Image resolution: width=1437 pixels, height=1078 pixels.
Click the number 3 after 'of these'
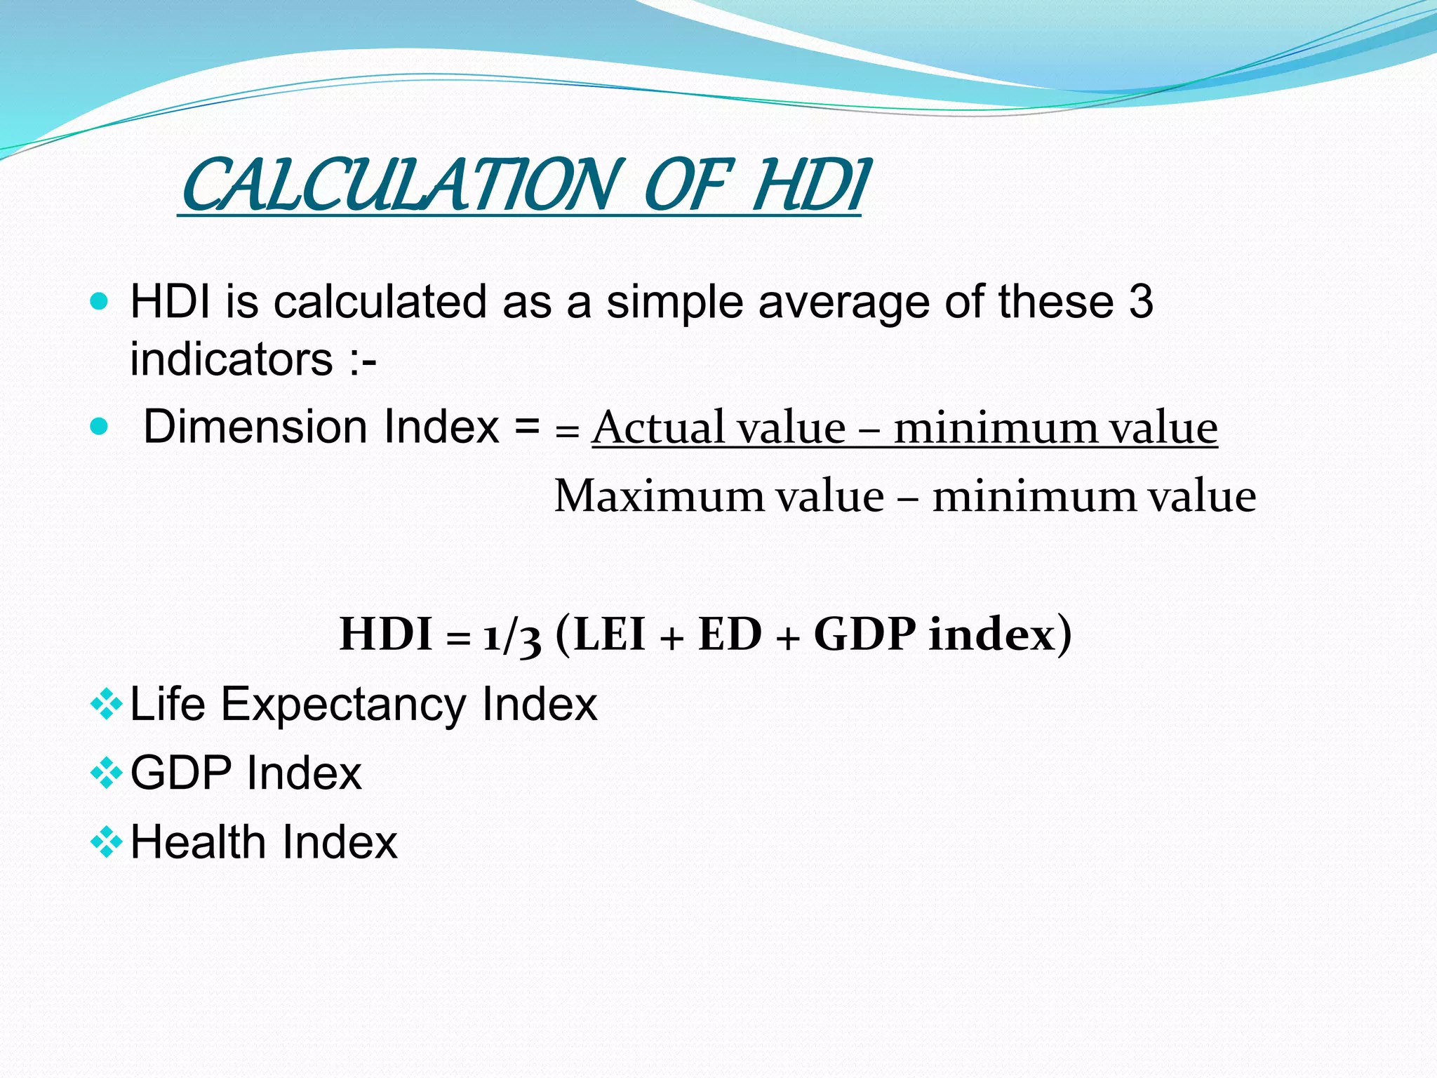click(1141, 302)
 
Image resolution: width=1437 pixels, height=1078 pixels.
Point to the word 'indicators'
click(232, 359)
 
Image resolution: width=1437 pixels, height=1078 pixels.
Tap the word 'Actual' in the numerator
click(657, 427)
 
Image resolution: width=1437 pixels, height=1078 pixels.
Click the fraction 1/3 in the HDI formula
click(512, 635)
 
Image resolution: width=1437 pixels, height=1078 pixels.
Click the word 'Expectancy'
click(343, 705)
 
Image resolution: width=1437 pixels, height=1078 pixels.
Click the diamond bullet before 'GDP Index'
click(106, 773)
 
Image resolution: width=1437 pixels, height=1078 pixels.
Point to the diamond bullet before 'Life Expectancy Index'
click(106, 705)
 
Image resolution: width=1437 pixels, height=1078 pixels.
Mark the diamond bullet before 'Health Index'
click(106, 842)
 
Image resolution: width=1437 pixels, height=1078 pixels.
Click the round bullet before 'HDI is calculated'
click(100, 302)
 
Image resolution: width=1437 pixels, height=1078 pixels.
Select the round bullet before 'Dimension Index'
click(100, 426)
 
